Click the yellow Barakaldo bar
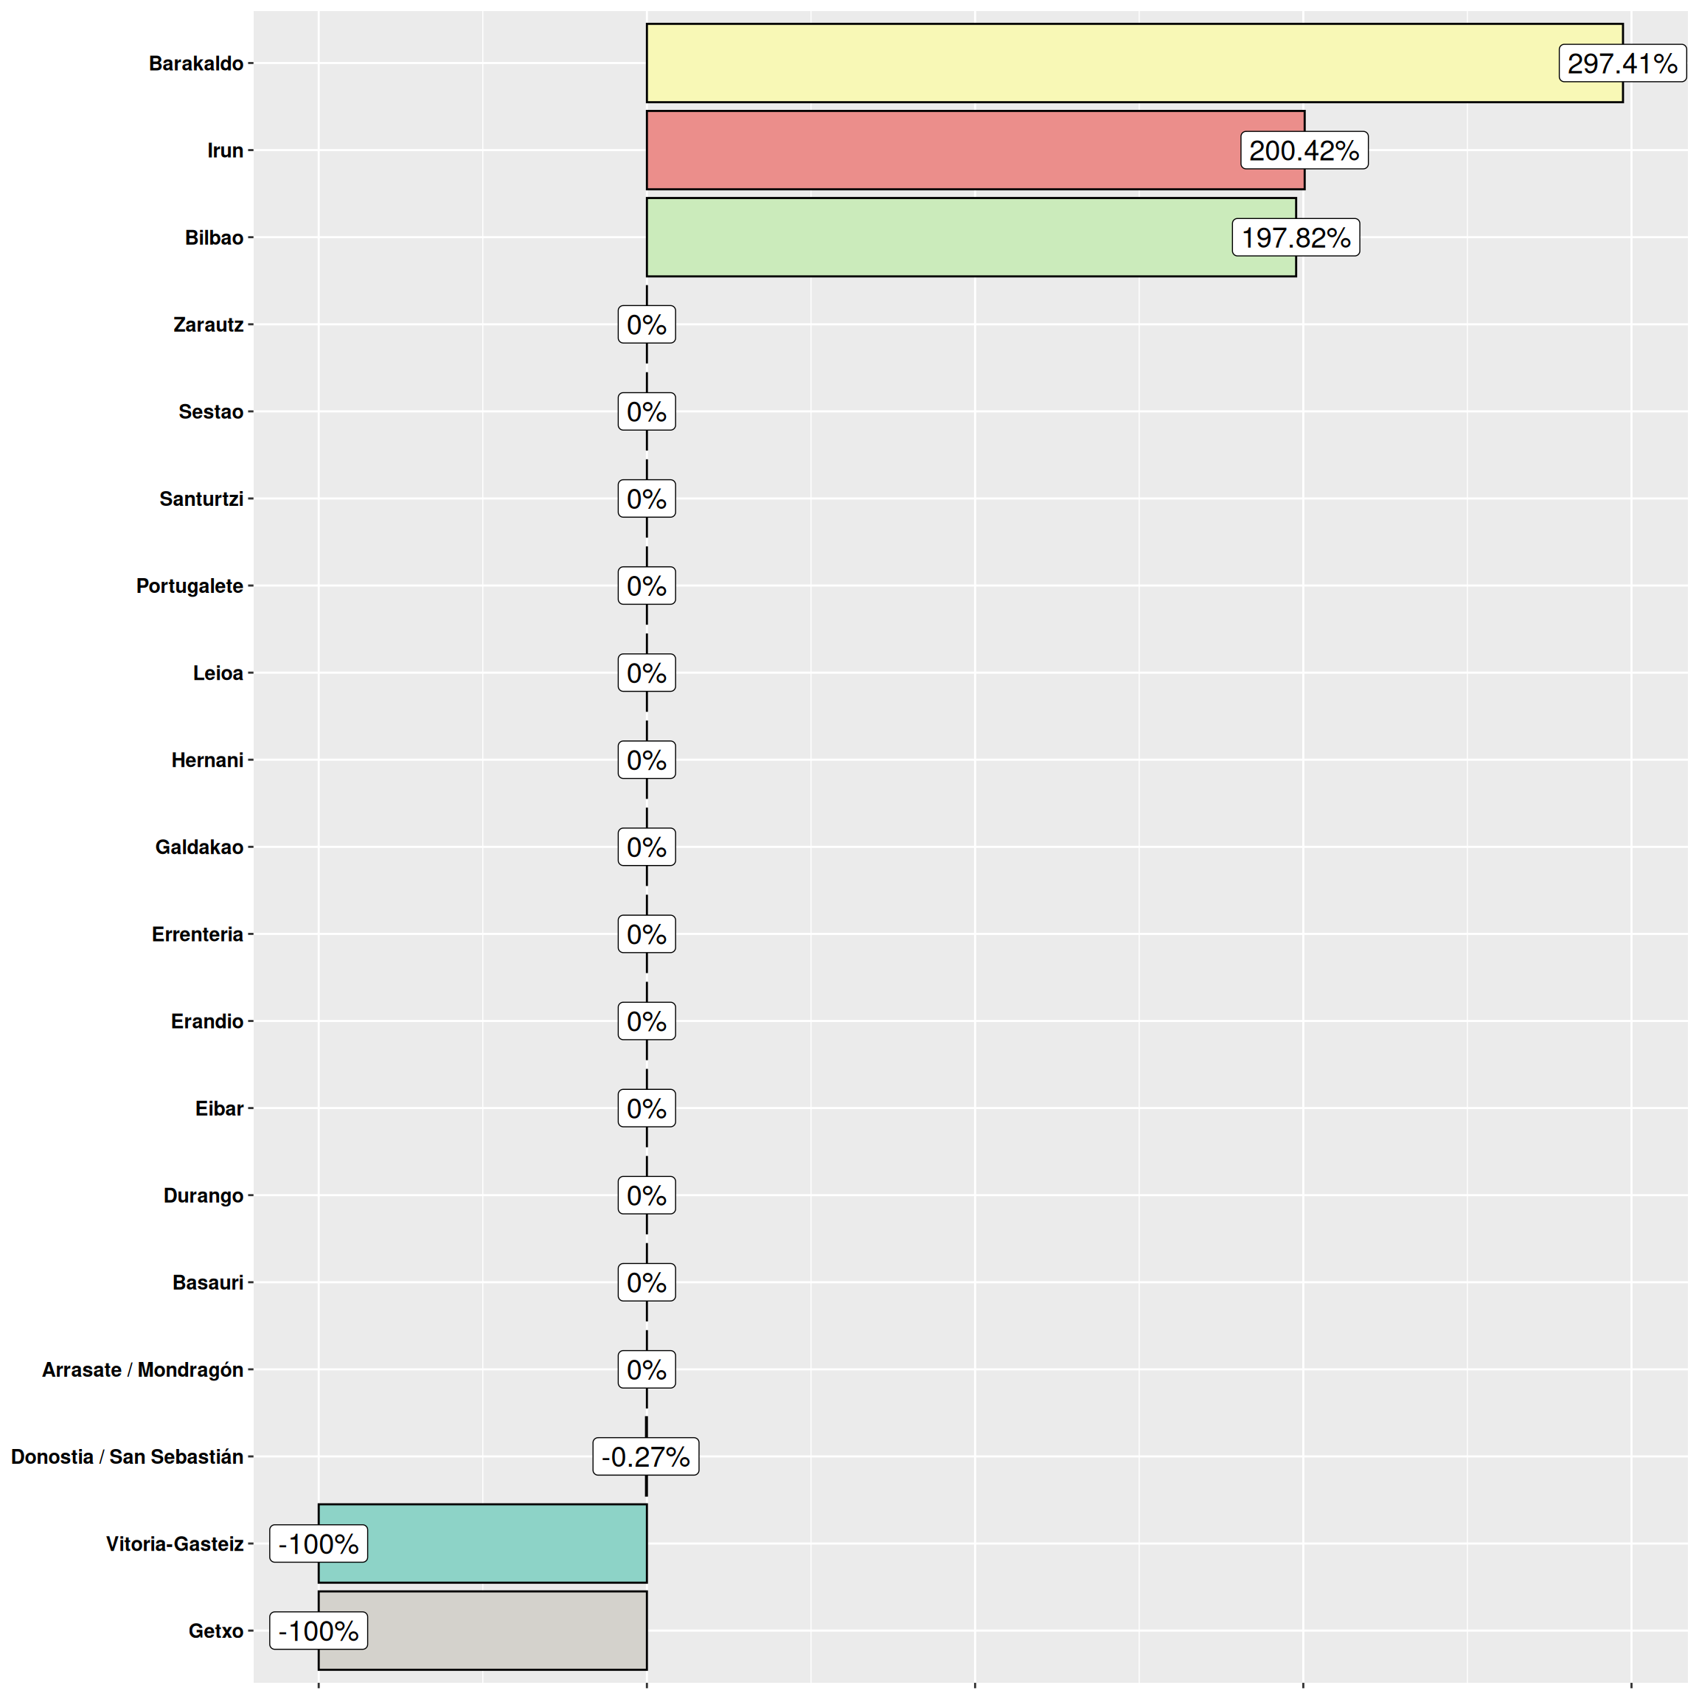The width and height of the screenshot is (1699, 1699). pyautogui.click(x=1099, y=63)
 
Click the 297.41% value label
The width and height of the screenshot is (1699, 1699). pyautogui.click(x=1622, y=63)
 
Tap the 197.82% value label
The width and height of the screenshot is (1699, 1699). pyautogui.click(x=1296, y=237)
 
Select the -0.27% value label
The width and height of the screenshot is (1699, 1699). pyautogui.click(x=645, y=1457)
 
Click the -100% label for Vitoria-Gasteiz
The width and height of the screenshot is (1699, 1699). pyautogui.click(x=319, y=1544)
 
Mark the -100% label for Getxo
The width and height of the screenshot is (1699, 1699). pyautogui.click(x=319, y=1631)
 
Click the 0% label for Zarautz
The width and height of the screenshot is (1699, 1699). pyautogui.click(x=647, y=324)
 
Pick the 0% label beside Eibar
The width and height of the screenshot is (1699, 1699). pyautogui.click(x=647, y=1108)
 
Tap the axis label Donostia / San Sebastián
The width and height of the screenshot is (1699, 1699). pyautogui.click(x=127, y=1457)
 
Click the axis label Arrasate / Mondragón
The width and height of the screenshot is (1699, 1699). pyautogui.click(x=142, y=1370)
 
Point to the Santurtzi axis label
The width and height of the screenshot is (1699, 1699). pyautogui.click(x=201, y=498)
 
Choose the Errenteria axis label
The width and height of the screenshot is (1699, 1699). pyautogui.click(x=197, y=934)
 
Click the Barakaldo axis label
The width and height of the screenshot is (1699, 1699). pyautogui.click(x=196, y=63)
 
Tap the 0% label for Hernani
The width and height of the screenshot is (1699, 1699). pyautogui.click(x=647, y=760)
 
